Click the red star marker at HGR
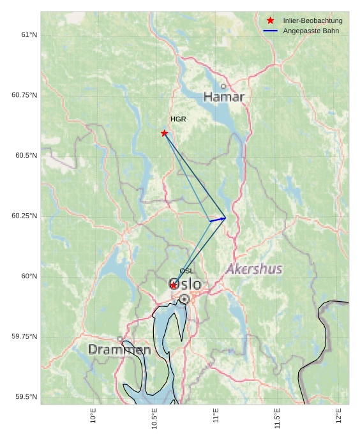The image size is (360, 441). pos(165,133)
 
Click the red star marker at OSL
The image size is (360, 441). pos(174,285)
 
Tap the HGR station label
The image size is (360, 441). pos(178,119)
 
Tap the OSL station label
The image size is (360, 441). pos(186,271)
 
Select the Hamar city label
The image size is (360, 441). pos(223,97)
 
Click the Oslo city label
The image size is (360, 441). pos(184,284)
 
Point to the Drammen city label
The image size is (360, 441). pos(119,350)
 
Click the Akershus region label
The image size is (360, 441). pos(254,269)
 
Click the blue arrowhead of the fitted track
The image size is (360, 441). pos(222,219)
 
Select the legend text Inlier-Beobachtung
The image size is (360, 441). pos(313,21)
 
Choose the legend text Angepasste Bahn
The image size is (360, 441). pos(311,31)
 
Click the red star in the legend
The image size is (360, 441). pos(271,21)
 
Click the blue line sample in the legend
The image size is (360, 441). pos(271,31)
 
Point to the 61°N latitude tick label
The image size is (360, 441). pos(29,34)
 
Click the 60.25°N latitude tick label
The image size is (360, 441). pos(24,216)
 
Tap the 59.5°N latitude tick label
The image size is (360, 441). pos(26,397)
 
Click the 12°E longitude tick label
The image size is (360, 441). pos(338,416)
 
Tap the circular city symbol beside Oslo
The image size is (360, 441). pos(184,299)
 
